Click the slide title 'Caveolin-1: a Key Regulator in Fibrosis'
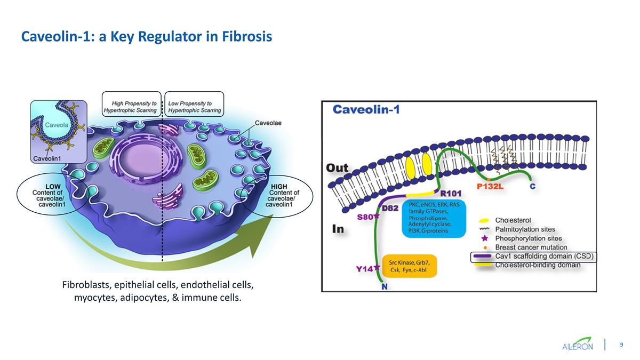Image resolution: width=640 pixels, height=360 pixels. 146,36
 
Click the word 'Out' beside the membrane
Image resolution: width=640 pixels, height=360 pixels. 337,168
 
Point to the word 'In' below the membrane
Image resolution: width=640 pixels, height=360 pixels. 338,229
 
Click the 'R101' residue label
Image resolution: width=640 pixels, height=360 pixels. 450,193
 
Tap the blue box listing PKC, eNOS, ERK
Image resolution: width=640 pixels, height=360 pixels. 433,219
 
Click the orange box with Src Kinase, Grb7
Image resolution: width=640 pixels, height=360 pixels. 410,266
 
